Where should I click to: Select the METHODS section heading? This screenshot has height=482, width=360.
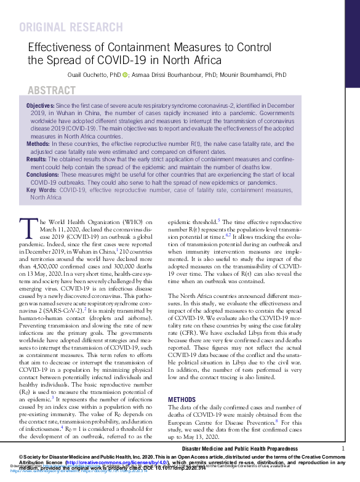(182, 400)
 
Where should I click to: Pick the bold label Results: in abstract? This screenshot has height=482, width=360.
(36, 159)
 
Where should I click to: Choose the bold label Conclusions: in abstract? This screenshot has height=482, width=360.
(42, 174)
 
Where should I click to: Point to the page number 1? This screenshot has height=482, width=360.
(343, 449)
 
